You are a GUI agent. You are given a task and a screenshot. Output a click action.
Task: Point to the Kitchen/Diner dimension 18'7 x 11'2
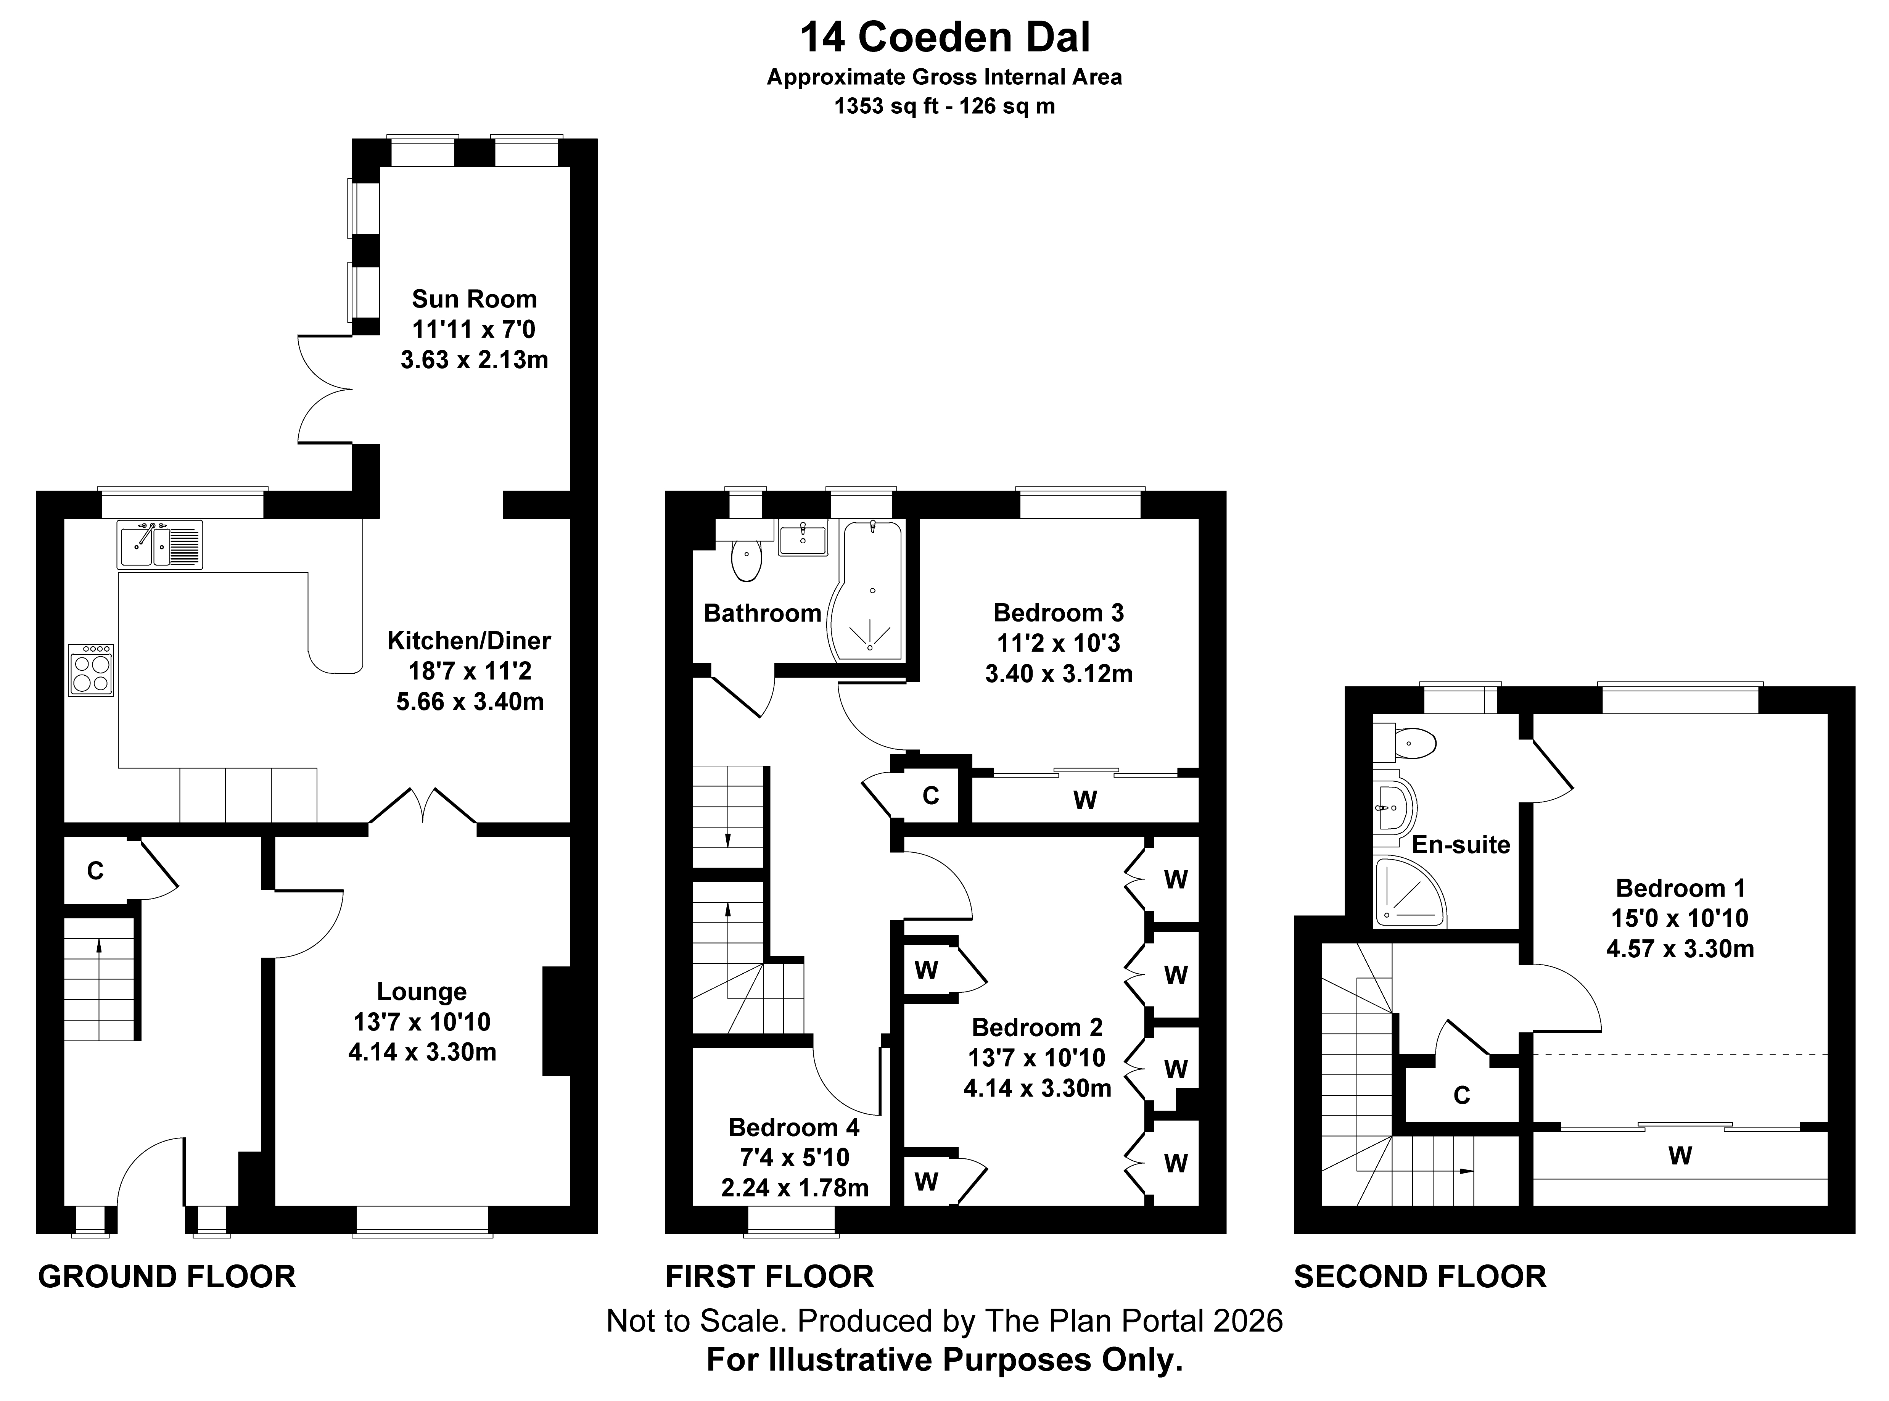tap(470, 671)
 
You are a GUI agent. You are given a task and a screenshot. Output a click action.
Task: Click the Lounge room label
tap(422, 991)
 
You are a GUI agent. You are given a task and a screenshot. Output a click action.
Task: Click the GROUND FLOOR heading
tap(167, 1276)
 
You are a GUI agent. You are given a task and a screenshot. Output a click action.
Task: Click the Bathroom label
tap(762, 613)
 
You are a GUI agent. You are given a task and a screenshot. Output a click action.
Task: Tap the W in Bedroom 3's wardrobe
tap(1085, 800)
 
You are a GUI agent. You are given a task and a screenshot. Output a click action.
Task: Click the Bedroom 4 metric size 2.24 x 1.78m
tap(795, 1187)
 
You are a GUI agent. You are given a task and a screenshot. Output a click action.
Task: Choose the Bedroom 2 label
tap(1037, 1027)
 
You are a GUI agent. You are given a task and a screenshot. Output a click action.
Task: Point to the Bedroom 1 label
tap(1680, 888)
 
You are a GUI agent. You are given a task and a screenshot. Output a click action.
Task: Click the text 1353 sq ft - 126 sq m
tap(944, 106)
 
